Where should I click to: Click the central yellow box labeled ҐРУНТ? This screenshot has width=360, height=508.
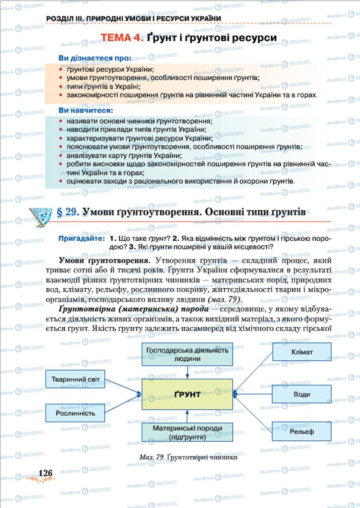187,394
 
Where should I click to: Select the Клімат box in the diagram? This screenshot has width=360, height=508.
302,352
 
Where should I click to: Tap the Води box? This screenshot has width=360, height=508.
302,394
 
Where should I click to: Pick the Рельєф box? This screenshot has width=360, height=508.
302,431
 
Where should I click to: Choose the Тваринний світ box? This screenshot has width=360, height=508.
75,379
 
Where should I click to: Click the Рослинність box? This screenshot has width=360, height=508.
75,413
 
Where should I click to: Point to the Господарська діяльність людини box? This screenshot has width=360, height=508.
187,354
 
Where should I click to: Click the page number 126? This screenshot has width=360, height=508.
46,473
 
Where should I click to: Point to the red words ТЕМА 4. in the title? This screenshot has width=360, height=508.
122,38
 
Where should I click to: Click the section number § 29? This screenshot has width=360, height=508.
68,212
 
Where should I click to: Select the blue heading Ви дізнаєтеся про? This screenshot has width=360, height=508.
95,58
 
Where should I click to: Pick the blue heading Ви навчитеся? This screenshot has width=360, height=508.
85,111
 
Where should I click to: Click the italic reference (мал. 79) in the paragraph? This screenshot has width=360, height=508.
224,299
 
